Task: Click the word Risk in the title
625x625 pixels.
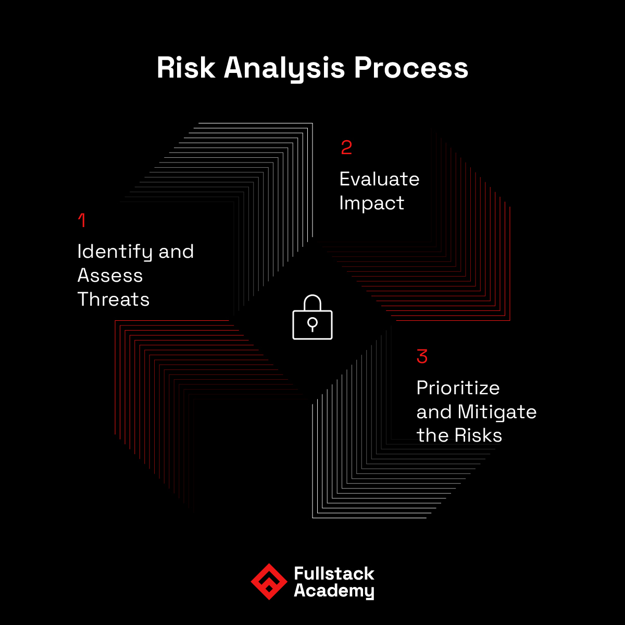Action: click(186, 68)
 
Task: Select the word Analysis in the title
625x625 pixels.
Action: click(284, 69)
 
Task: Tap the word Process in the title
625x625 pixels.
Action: click(411, 68)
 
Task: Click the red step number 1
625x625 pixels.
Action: click(82, 220)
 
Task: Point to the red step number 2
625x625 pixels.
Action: click(346, 147)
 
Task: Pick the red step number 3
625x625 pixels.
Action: click(422, 356)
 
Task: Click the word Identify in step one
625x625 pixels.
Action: click(115, 252)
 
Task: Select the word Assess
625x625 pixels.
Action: click(110, 276)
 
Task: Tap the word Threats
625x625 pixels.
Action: click(114, 299)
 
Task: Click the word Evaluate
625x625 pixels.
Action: click(380, 179)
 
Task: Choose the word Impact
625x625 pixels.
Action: click(372, 204)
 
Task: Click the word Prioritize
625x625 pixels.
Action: click(458, 388)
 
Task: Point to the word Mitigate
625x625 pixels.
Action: click(497, 413)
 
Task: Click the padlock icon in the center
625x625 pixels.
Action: click(312, 317)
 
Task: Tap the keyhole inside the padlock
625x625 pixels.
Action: click(312, 324)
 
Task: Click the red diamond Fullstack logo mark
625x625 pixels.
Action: click(269, 582)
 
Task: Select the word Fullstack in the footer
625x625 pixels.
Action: click(334, 573)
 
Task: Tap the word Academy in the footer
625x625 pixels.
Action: click(334, 591)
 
